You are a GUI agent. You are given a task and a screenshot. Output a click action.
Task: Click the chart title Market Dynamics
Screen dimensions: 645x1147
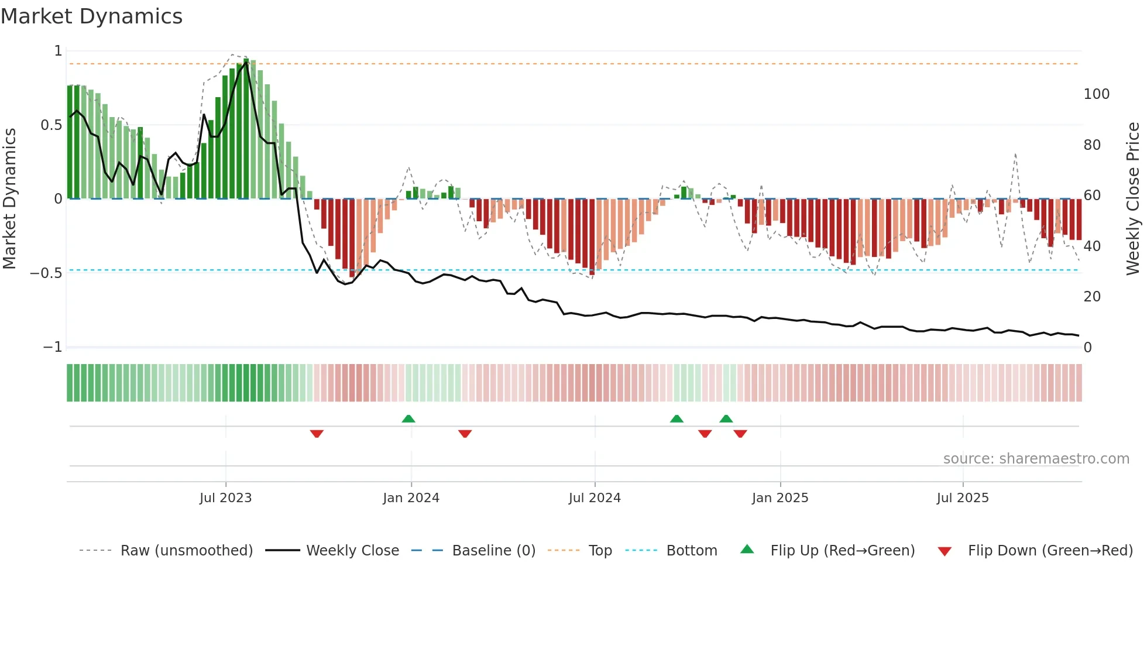[92, 16]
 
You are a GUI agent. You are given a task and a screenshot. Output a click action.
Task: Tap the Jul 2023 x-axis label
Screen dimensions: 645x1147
[225, 498]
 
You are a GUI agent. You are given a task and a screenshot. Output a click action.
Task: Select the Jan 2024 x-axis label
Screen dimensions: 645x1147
[411, 498]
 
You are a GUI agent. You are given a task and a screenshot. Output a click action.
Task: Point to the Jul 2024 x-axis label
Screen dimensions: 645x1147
[595, 498]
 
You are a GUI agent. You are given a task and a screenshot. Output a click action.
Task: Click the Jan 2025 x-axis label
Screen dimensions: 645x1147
[780, 498]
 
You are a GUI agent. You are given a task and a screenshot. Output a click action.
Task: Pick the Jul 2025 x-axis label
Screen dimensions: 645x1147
[963, 498]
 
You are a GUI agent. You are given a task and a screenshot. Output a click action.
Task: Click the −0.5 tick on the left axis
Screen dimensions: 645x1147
[46, 273]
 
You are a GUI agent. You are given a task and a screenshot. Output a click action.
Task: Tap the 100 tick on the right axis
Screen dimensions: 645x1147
[1097, 94]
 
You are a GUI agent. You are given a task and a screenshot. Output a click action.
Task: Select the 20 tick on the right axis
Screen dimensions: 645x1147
[1092, 297]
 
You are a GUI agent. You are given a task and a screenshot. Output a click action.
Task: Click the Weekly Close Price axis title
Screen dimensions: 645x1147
[1133, 199]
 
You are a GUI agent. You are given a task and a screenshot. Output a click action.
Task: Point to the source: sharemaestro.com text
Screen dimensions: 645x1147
[1036, 459]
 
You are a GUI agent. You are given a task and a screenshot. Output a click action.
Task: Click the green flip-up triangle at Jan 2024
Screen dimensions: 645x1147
[408, 418]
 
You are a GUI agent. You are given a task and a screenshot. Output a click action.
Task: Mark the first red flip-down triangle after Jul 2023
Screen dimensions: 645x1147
[317, 434]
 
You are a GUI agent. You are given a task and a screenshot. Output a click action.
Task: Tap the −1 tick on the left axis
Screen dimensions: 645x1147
[53, 347]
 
